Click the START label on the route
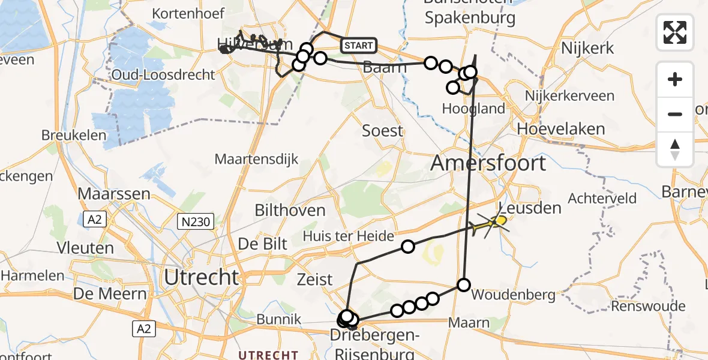(359, 45)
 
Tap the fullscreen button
(675, 32)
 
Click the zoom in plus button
(675, 79)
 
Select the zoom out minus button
(675, 114)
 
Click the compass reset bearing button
(675, 149)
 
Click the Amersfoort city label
(489, 163)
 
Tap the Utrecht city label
(202, 277)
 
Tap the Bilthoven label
(290, 210)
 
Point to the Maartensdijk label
(256, 160)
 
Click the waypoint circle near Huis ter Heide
(408, 246)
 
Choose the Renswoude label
(648, 306)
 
